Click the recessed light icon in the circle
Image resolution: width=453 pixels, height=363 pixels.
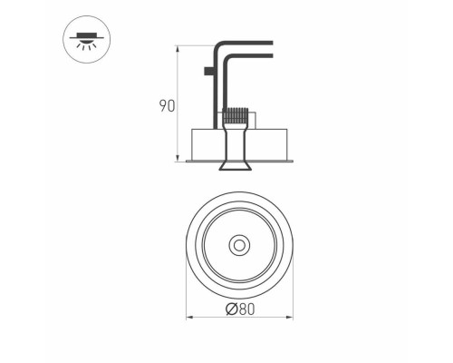[x=83, y=41]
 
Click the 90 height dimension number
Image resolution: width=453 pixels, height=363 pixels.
[x=166, y=105]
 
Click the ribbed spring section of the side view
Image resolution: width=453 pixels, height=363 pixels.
[x=236, y=117]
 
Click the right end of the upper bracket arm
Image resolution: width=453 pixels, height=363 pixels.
[x=271, y=42]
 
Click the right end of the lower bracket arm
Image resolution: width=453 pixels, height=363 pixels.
[x=271, y=57]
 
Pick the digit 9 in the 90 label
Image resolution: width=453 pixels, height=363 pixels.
[x=161, y=105]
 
